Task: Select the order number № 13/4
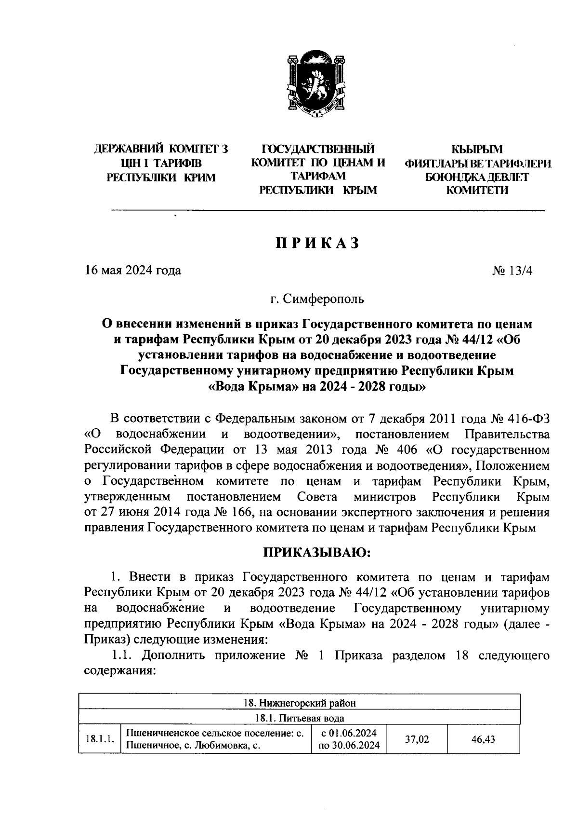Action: point(512,270)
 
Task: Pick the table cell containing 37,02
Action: point(417,739)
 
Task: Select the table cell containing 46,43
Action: point(484,739)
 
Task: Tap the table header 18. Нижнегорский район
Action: point(299,703)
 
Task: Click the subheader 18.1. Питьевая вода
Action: point(299,718)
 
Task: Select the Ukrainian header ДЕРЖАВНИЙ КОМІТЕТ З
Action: point(161,149)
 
